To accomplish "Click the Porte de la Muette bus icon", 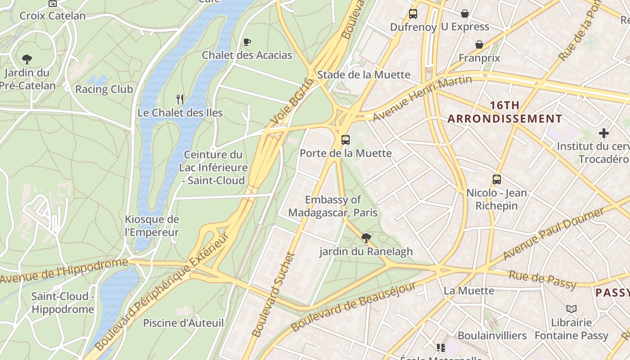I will click(345, 140).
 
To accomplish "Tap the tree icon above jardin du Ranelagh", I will click(366, 238).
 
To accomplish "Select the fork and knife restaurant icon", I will click(180, 99).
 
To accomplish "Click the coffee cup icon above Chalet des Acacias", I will click(247, 42).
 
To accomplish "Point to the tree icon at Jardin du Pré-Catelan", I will click(27, 59).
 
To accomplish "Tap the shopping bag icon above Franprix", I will click(479, 45).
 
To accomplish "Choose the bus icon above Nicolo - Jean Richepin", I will click(496, 180).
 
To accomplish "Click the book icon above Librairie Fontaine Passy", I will click(571, 309).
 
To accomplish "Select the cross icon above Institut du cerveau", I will click(604, 133).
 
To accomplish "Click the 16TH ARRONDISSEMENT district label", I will click(504, 112).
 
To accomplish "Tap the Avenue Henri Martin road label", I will click(422, 98).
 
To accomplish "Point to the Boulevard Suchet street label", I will click(273, 295).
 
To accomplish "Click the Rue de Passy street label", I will click(542, 279).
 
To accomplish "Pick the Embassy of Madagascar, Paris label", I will click(333, 206).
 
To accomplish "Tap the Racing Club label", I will click(104, 89).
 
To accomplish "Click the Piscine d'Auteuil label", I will click(183, 323).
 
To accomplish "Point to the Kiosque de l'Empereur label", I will click(152, 226).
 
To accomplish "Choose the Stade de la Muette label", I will click(364, 75).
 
